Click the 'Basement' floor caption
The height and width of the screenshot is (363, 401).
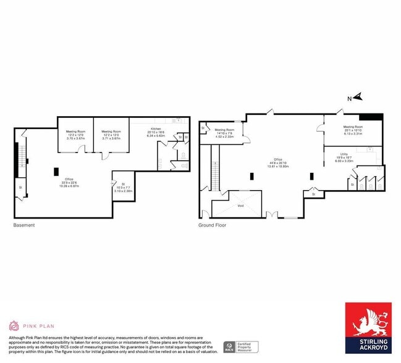pos(24,225)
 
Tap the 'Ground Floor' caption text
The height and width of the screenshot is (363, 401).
pos(212,225)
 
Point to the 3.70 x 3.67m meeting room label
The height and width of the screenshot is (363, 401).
pos(75,135)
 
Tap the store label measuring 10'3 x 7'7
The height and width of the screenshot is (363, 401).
pos(123,188)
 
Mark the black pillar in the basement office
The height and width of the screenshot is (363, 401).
pos(56,171)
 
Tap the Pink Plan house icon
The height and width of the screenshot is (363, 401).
pos(13,325)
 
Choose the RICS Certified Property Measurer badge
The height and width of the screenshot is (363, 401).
pos(242,346)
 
